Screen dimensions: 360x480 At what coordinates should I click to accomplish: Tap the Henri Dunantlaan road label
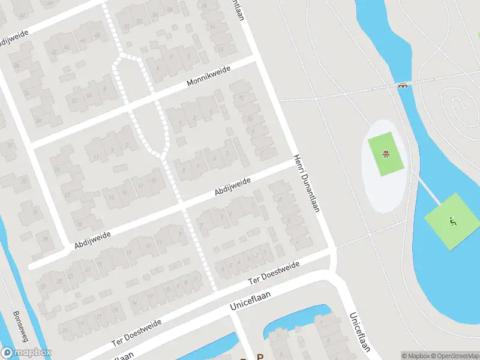click(x=305, y=183)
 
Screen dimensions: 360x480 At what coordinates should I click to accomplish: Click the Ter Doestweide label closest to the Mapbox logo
click(x=137, y=332)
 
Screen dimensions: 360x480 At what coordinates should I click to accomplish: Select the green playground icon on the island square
click(x=453, y=220)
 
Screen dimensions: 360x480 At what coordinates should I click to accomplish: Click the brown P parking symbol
click(x=260, y=355)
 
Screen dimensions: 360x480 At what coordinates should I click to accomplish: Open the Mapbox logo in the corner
click(x=26, y=353)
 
